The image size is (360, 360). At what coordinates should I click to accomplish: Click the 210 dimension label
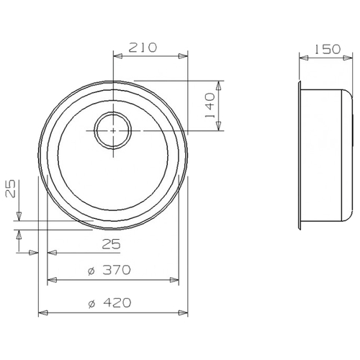point(143,48)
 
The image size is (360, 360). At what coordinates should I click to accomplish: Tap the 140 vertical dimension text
point(210,106)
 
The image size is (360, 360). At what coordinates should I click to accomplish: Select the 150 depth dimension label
point(328,49)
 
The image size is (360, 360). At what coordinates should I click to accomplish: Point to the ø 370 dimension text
point(109,270)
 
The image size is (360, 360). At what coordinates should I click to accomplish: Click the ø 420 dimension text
point(109,303)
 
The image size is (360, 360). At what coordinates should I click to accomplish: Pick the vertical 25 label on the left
point(10,189)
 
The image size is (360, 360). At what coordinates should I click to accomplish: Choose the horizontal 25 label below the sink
point(111,245)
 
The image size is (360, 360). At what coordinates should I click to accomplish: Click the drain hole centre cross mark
point(113,131)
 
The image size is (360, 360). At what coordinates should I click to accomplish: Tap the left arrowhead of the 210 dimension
point(118,56)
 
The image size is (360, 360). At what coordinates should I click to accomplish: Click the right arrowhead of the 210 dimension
point(183,56)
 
